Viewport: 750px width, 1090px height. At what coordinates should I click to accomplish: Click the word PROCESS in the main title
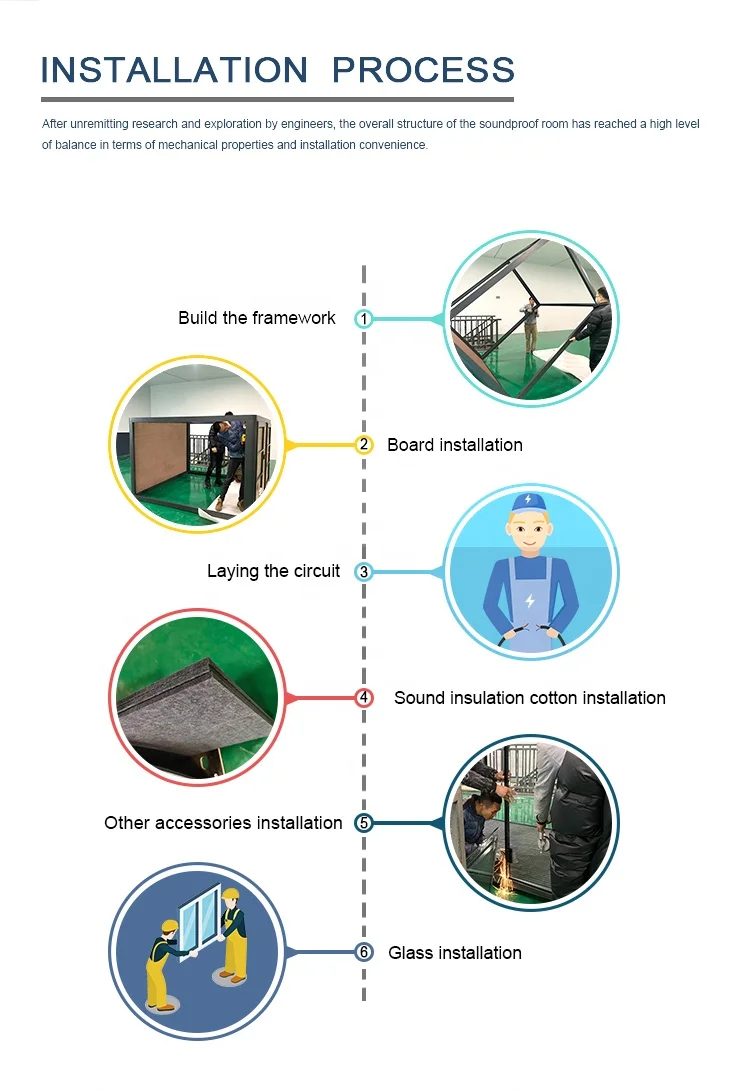(423, 70)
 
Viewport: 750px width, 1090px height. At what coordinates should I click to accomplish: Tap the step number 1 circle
(364, 319)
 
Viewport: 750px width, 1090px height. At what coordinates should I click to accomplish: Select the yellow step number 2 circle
(364, 445)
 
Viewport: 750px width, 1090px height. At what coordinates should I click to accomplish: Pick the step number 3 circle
(364, 572)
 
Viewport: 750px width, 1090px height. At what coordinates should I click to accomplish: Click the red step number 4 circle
(364, 698)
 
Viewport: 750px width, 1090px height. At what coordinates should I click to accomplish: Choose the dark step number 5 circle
(364, 823)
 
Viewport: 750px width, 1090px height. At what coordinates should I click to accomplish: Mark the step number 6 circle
(364, 953)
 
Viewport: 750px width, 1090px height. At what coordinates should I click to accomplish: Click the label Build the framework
(257, 318)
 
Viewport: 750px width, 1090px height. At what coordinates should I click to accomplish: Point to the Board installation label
(455, 445)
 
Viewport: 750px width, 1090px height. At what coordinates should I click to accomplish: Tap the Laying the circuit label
(273, 571)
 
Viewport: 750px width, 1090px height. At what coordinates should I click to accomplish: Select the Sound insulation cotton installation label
(529, 698)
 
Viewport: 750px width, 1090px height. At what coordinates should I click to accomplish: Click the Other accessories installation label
(223, 823)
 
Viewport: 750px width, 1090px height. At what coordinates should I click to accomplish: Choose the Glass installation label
(455, 953)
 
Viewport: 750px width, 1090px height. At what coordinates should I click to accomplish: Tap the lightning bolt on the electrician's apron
(530, 601)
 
